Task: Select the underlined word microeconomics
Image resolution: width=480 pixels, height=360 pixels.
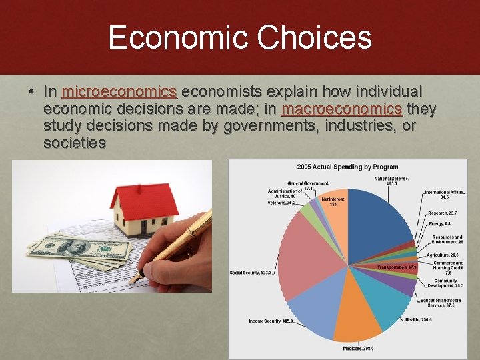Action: [119, 91]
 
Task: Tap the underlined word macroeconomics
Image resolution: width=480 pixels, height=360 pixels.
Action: [342, 108]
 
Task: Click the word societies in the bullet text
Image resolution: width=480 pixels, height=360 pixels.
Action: [75, 143]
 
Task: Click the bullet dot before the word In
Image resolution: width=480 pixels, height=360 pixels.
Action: [32, 91]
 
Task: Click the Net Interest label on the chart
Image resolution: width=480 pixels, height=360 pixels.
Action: [333, 201]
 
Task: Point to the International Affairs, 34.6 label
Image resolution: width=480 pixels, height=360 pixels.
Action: [443, 195]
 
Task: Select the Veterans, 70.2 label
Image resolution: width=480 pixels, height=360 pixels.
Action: [281, 203]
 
